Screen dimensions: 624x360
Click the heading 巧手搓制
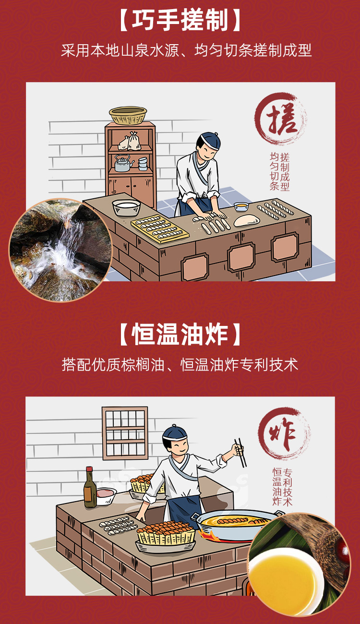point(180,21)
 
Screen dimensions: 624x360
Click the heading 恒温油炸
point(180,335)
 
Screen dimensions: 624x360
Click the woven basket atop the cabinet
point(128,115)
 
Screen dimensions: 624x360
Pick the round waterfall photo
point(60,251)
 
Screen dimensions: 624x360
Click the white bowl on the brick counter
point(126,207)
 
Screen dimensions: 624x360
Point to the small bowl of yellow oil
point(241,206)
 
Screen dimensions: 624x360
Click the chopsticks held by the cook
point(240,453)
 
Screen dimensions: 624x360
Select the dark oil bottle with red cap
point(90,488)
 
